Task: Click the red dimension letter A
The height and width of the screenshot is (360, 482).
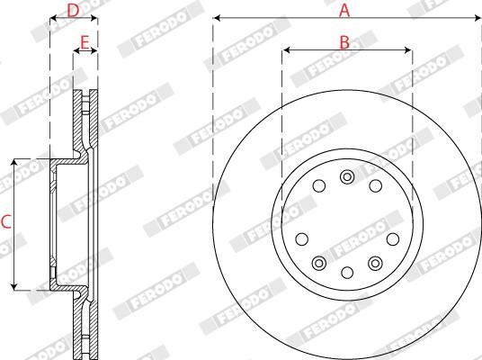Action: [x=344, y=10]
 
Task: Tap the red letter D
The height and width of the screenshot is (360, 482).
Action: [x=73, y=10]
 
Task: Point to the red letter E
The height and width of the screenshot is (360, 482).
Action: [x=85, y=41]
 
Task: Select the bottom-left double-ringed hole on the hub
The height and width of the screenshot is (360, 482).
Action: [x=319, y=262]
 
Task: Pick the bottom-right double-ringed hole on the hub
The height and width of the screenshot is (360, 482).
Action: [x=374, y=262]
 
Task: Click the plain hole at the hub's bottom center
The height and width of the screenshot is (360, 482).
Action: [x=347, y=272]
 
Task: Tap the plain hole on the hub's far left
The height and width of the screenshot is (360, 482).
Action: [x=301, y=238]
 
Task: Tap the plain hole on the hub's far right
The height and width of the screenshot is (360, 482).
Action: [x=392, y=238]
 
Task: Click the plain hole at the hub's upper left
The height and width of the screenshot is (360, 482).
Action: [x=319, y=186]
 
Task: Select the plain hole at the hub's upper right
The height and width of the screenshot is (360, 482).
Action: [x=375, y=186]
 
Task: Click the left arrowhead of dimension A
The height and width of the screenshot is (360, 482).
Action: [x=218, y=18]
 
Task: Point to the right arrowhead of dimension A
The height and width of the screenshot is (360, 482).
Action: [x=477, y=18]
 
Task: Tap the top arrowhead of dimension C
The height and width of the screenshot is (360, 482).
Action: [x=15, y=163]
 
